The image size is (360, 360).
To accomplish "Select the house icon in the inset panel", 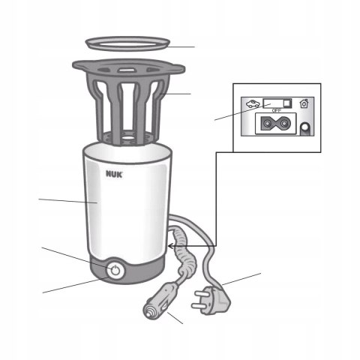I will [303, 103].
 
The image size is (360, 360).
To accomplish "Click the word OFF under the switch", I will [276, 110].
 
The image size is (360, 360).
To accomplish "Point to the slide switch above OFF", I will [276, 102].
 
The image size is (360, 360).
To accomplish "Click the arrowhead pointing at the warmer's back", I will [175, 244].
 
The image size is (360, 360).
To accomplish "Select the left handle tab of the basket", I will [76, 70].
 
